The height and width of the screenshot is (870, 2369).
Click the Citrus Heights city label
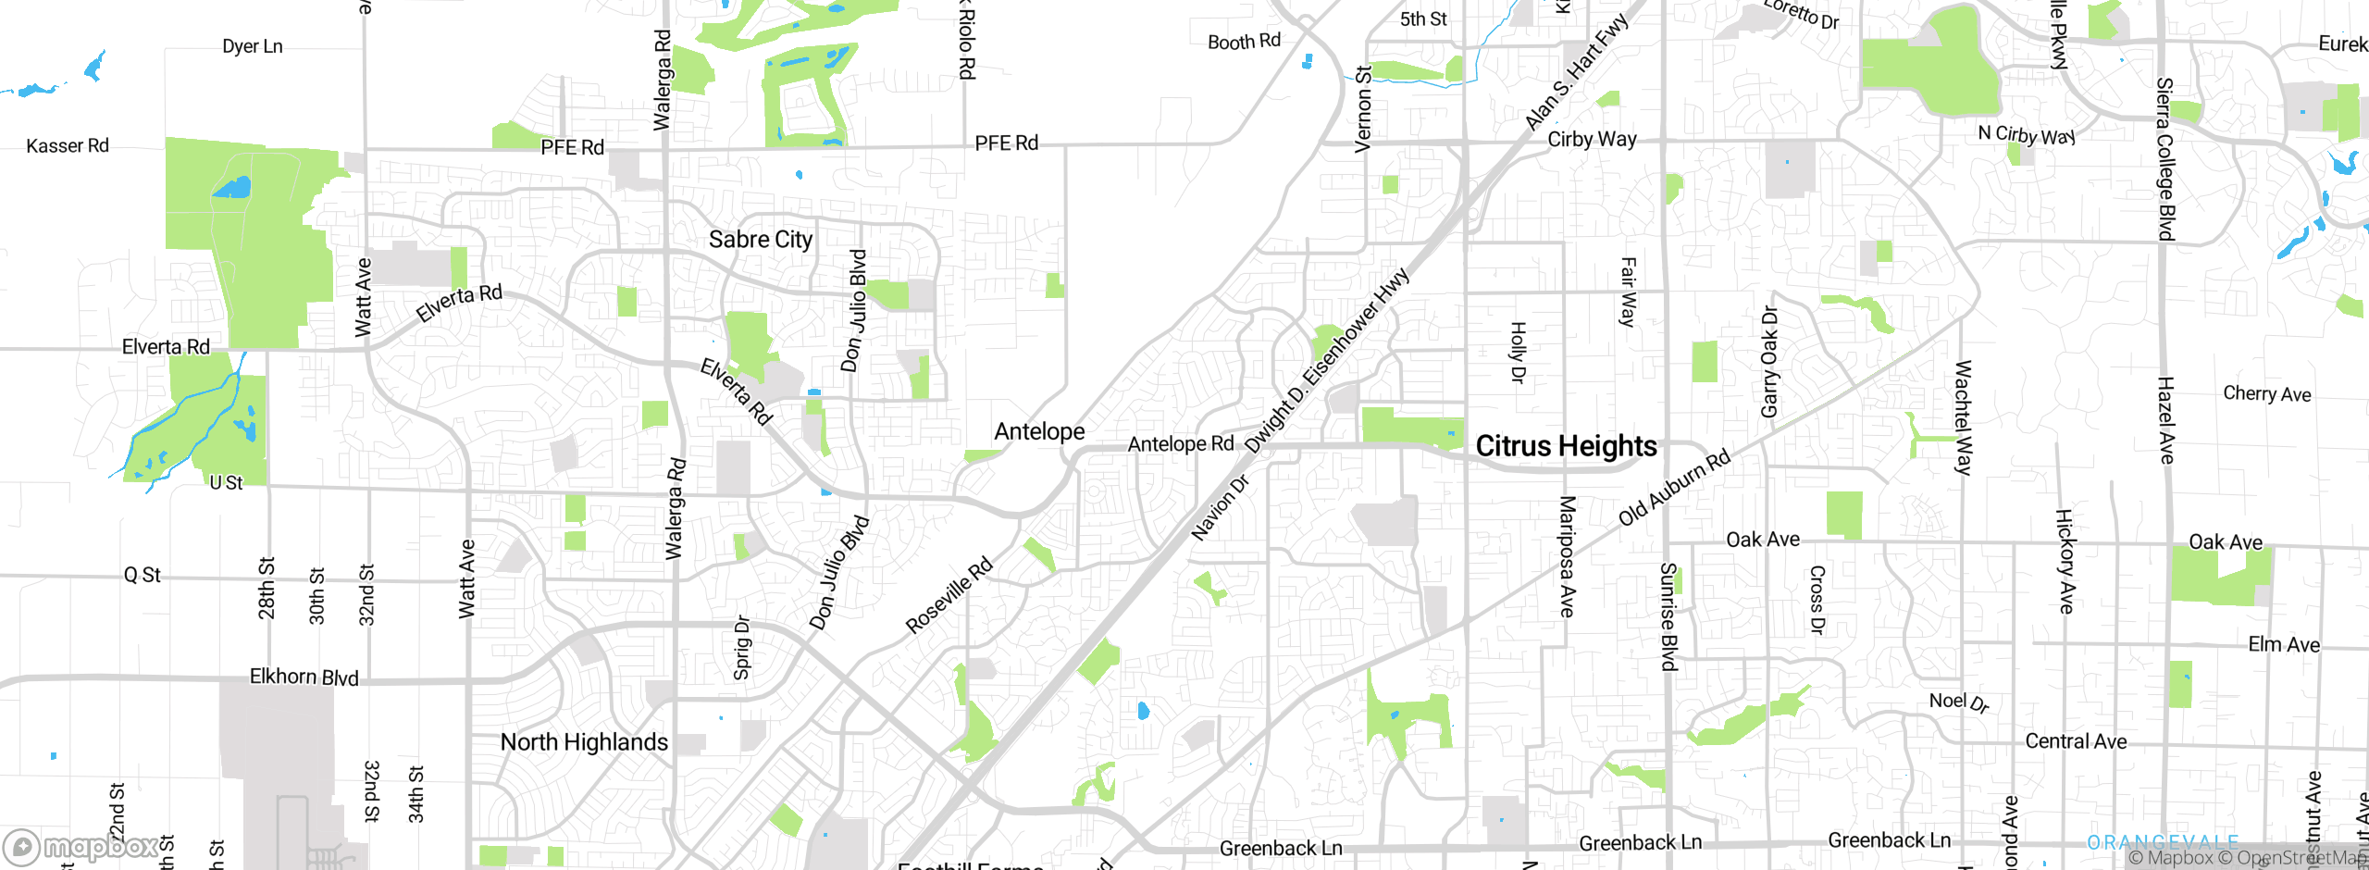(x=1566, y=446)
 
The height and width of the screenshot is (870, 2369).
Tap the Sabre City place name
(x=760, y=240)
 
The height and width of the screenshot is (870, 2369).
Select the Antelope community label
(x=1039, y=431)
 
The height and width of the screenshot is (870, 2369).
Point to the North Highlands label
(x=584, y=742)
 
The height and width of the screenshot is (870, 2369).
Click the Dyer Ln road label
(x=253, y=46)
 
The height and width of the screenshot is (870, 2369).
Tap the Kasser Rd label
(x=68, y=146)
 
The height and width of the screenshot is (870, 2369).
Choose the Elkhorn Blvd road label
(x=304, y=677)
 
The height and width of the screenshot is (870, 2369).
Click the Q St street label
(x=143, y=575)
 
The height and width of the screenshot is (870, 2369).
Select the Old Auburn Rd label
(x=1674, y=488)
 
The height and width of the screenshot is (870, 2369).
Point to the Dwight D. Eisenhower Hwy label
(x=1327, y=361)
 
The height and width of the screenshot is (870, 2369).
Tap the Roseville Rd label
(x=949, y=595)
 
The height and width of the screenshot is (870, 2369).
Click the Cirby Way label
(x=1592, y=140)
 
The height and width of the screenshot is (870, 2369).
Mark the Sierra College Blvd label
(x=2164, y=158)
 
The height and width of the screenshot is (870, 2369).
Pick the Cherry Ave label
(x=2266, y=394)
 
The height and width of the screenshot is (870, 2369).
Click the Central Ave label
(x=2076, y=741)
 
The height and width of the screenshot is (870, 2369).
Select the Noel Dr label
(x=1958, y=702)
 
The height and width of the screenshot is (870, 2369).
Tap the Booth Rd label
(x=1244, y=42)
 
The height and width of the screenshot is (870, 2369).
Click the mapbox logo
(x=81, y=846)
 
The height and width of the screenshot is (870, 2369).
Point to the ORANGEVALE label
(x=2162, y=842)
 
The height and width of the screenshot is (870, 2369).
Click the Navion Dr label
(x=1220, y=507)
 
